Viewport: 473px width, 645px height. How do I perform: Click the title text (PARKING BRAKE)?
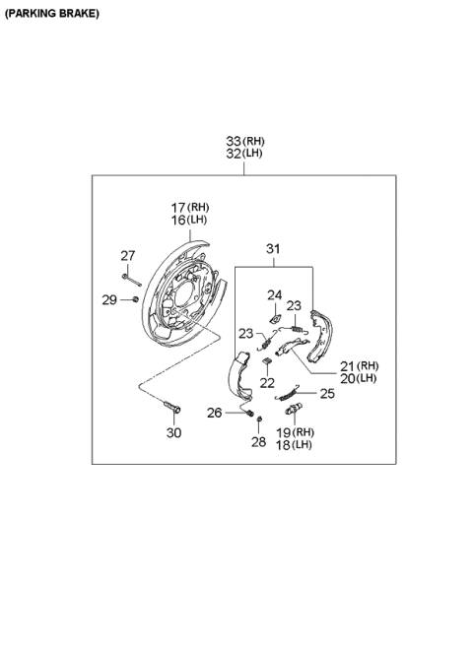click(50, 13)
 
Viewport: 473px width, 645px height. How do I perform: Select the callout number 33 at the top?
click(234, 142)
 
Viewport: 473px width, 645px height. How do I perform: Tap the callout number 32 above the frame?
click(234, 155)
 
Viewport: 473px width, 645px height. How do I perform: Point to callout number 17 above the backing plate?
click(178, 208)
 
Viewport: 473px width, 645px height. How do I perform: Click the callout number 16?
click(178, 221)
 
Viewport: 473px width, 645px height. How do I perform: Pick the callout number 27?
click(128, 256)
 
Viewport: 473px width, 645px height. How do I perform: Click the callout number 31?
click(273, 248)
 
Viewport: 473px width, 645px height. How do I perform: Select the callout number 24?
click(275, 293)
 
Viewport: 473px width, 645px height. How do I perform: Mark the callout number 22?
click(267, 383)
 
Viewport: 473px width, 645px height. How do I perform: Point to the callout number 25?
click(327, 393)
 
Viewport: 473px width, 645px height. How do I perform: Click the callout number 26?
click(214, 413)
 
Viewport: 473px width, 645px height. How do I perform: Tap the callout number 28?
click(258, 442)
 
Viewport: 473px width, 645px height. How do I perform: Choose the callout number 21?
click(346, 365)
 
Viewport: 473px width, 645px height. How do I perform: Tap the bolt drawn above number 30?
click(172, 406)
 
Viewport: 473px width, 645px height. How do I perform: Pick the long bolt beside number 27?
click(134, 277)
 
